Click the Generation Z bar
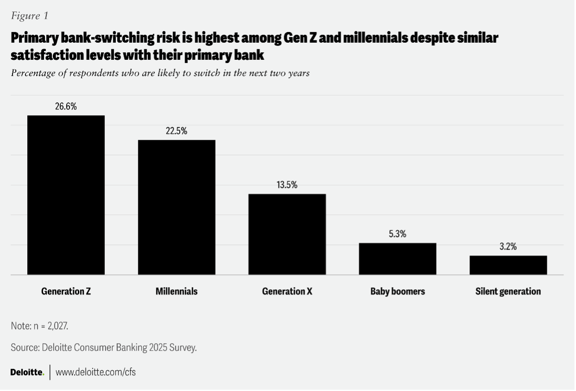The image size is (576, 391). tap(66, 195)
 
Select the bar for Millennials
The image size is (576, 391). tap(177, 207)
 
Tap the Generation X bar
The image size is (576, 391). tap(287, 234)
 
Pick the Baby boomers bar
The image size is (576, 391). tap(398, 259)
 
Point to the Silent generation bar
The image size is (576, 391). tap(508, 265)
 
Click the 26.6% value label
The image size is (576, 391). tap(66, 106)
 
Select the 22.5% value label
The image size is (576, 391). tap(177, 131)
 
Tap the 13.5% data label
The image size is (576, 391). tap(287, 185)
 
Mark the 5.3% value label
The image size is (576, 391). tap(398, 234)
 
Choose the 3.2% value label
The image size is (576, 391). tap(508, 247)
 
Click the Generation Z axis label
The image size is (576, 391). tap(66, 292)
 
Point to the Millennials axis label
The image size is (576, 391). tap(177, 292)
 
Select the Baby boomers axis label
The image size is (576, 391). tap(398, 292)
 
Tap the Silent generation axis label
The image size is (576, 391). tap(508, 292)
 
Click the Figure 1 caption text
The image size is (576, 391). tap(29, 16)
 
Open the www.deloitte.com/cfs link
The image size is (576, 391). tap(95, 372)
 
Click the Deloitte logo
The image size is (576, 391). tap(27, 372)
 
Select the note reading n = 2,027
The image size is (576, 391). tap(39, 326)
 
